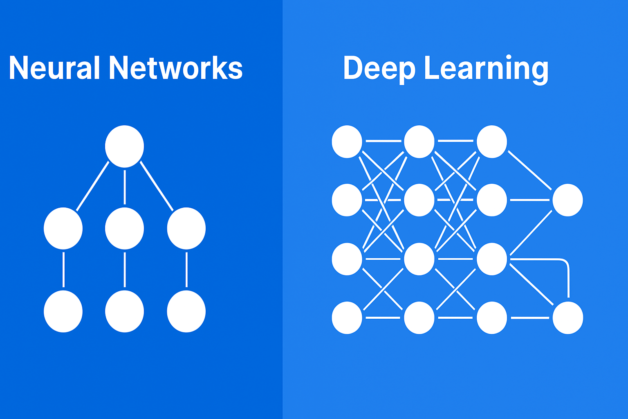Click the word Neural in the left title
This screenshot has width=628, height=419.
54,68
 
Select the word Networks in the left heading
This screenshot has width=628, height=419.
176,68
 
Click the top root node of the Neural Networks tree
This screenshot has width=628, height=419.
124,146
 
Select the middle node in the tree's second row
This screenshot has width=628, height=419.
124,228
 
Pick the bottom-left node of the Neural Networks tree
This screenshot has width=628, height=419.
63,311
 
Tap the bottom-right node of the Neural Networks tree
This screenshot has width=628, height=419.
186,311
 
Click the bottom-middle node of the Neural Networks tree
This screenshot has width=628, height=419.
124,311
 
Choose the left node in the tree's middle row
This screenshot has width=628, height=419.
63,228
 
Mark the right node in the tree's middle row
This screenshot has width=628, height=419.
186,228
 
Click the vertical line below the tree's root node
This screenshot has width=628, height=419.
125,187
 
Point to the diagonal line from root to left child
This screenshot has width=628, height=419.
92,186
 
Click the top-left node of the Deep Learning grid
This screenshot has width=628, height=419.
347,142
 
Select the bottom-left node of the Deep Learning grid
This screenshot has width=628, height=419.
347,318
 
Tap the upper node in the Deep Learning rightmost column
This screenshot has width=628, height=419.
568,200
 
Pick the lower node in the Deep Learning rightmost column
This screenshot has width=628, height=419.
568,318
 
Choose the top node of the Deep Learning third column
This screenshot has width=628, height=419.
492,142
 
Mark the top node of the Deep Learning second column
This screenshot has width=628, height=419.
419,142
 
